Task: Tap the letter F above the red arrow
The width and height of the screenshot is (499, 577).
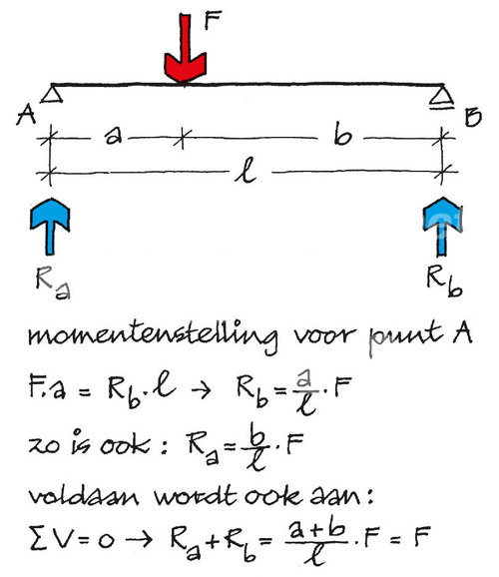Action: (x=213, y=20)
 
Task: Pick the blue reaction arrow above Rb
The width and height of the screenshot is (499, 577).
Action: (x=442, y=227)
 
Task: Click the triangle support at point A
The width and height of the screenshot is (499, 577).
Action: (x=52, y=94)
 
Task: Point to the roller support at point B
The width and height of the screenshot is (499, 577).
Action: (x=442, y=98)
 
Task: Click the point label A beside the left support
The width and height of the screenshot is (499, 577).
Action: (x=26, y=114)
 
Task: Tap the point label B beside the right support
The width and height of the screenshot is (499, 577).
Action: (x=473, y=117)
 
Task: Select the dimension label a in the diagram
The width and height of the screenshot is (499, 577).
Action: (x=113, y=137)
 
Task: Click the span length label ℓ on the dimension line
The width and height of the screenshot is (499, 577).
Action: (x=246, y=170)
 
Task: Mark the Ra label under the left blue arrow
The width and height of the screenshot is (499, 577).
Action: (x=53, y=283)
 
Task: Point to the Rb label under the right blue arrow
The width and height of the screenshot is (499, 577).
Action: (x=444, y=282)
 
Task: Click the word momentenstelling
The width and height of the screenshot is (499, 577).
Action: (x=153, y=335)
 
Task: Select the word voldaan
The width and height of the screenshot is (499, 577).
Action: (x=84, y=496)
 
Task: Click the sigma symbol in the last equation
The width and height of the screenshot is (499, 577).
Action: (x=38, y=538)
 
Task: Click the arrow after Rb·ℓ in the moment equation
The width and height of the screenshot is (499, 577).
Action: (x=201, y=389)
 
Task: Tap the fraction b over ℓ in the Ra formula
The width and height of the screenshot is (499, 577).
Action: (x=255, y=446)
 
